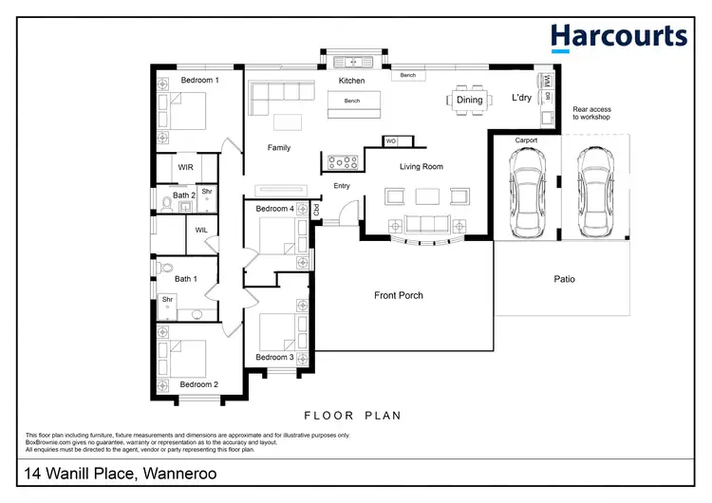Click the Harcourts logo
tap(619, 36)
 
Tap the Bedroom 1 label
tap(199, 81)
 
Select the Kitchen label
tap(352, 82)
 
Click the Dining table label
tap(469, 100)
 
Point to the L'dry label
tap(521, 98)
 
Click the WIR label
tap(185, 167)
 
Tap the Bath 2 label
tap(184, 196)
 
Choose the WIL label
tap(201, 230)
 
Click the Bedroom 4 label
tap(274, 209)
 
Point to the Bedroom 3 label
tap(274, 358)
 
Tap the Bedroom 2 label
tap(199, 384)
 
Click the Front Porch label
tap(399, 295)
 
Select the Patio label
tap(565, 279)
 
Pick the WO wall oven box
tap(390, 141)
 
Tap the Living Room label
tap(421, 167)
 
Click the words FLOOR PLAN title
tap(352, 416)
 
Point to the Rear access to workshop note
tap(591, 114)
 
